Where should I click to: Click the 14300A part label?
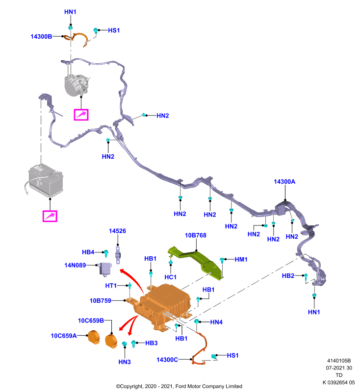point(284,181)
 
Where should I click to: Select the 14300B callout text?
point(41,36)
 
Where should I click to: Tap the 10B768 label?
point(195,235)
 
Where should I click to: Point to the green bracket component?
point(198,263)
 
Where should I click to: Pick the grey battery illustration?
point(45,180)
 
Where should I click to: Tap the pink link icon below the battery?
point(50,216)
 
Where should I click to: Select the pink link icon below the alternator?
point(81,115)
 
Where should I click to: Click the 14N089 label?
point(75,265)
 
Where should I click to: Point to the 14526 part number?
point(117,231)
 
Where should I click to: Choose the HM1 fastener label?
point(241,260)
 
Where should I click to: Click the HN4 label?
point(216,322)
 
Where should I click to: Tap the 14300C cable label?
point(167,360)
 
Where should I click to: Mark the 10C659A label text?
point(64,336)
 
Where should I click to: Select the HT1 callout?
point(111,286)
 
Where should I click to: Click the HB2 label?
point(288,276)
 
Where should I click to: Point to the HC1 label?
point(170,277)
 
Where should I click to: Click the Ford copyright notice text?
point(179,386)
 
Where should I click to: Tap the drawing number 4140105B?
point(339,361)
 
